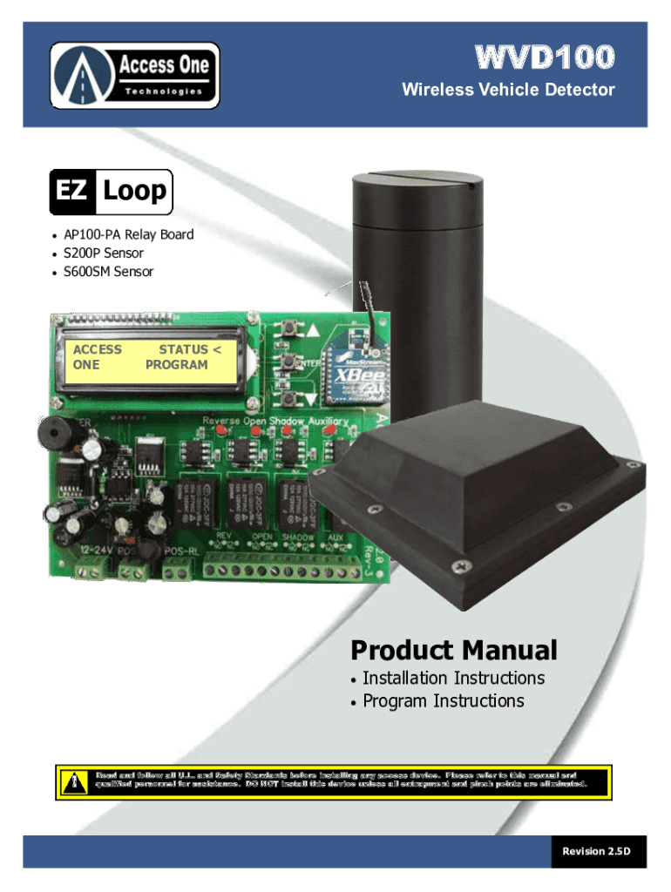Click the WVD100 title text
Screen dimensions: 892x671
point(545,58)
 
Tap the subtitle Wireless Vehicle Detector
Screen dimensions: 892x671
point(508,90)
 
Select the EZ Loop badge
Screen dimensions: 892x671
point(111,192)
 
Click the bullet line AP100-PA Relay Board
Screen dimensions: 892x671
point(128,234)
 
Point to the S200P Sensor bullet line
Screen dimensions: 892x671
point(103,253)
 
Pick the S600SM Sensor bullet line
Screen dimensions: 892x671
point(108,272)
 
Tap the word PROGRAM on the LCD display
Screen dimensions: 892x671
point(176,365)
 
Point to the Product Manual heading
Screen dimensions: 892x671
point(453,650)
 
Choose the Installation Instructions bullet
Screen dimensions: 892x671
point(453,678)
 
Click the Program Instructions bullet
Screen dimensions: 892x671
point(443,701)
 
